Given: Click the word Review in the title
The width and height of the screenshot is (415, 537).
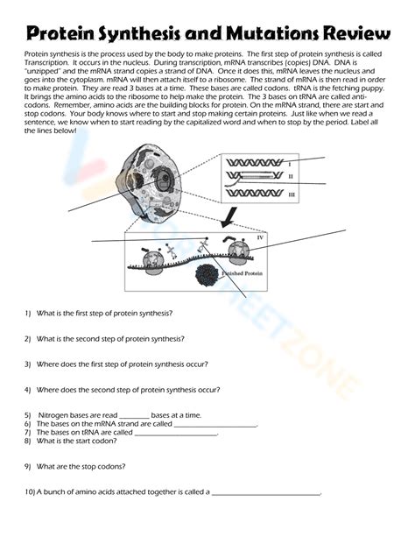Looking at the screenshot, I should [x=356, y=34].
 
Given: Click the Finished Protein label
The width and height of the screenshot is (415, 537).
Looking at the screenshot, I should [x=235, y=272].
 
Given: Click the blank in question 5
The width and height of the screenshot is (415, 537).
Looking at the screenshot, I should [x=133, y=415].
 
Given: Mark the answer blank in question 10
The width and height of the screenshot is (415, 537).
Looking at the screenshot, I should [x=266, y=492].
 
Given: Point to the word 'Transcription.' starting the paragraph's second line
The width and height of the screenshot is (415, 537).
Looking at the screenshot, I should [x=50, y=64].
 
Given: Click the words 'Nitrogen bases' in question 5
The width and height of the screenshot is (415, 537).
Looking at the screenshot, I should [x=62, y=414].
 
